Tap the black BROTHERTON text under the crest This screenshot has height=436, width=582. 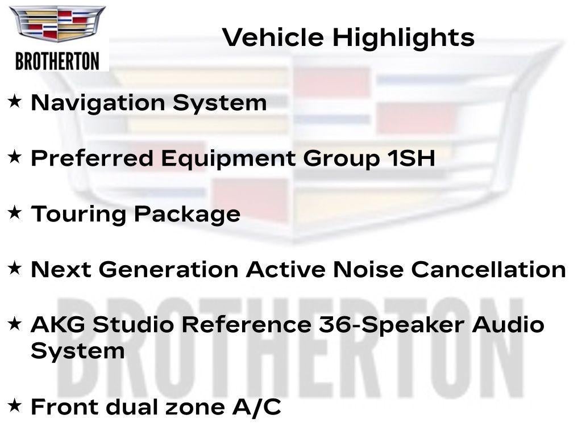[57, 61]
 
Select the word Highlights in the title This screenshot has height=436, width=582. [404, 38]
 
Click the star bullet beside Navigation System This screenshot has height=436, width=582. [14, 101]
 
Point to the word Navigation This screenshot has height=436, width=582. [98, 103]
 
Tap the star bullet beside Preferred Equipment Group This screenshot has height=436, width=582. [14, 157]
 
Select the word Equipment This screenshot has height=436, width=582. [228, 160]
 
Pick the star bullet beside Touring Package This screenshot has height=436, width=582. [14, 212]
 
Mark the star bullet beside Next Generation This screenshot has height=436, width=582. [14, 268]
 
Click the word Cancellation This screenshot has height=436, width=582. [488, 269]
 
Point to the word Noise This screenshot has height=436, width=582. [368, 269]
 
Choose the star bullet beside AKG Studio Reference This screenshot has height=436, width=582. [14, 323]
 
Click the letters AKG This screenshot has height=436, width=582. [58, 324]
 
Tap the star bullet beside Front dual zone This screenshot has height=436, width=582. [14, 405]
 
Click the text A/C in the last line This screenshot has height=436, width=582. [257, 407]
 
